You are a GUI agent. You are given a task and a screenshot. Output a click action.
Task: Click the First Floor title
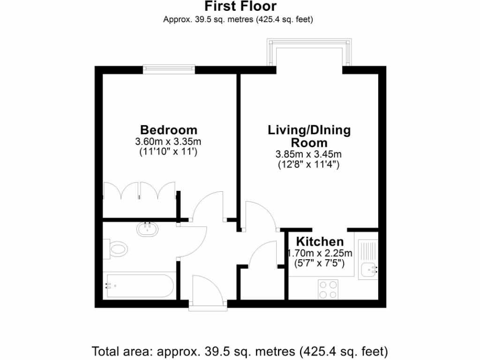pyautogui.click(x=240, y=7)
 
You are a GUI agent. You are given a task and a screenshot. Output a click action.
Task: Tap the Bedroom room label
pyautogui.click(x=169, y=130)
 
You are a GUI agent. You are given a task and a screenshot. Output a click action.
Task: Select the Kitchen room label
pyautogui.click(x=319, y=242)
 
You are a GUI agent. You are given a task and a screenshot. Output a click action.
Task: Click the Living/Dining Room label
pyautogui.click(x=309, y=136)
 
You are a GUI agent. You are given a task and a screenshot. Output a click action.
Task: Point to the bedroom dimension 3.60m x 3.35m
pyautogui.click(x=169, y=142)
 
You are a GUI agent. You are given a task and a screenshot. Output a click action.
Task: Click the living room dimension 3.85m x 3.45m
pyautogui.click(x=309, y=154)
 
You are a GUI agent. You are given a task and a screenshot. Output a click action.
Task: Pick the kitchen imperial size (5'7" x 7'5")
pyautogui.click(x=319, y=263)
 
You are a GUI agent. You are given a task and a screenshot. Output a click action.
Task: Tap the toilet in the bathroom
pyautogui.click(x=116, y=248)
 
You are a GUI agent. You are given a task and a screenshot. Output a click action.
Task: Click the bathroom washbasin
pyautogui.click(x=148, y=229)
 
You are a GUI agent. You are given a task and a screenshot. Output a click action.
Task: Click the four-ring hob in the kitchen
pyautogui.click(x=328, y=289)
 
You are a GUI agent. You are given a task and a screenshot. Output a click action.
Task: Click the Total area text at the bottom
pyautogui.click(x=240, y=351)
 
